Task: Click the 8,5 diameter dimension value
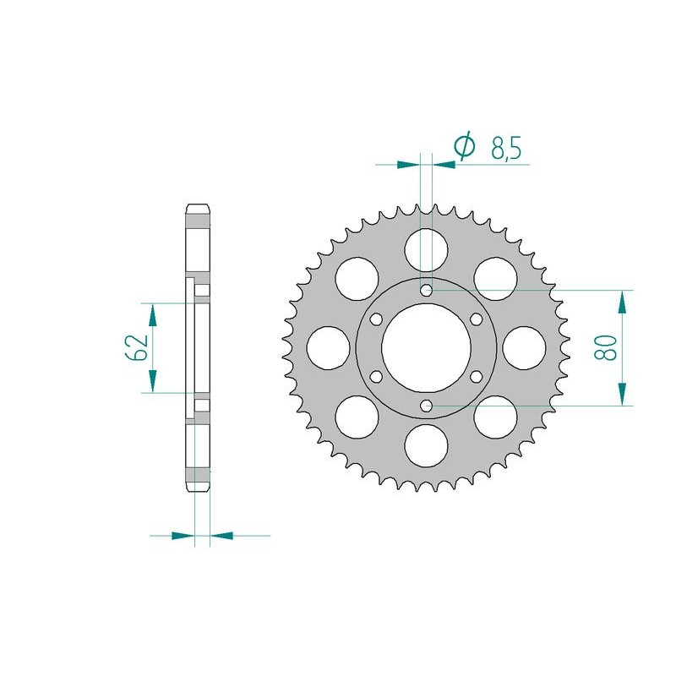pos(505,149)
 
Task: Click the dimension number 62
pos(139,347)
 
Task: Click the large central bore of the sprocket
pos(427,347)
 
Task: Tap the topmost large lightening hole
pos(427,249)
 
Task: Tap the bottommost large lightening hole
pos(427,445)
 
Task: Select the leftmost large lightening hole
pos(329,347)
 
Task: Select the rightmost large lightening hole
pos(525,347)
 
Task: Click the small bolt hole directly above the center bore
pos(427,291)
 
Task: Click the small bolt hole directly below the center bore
pos(427,406)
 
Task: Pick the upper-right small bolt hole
pos(476,319)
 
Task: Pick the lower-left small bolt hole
pos(377,376)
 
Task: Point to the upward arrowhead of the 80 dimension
pos(624,302)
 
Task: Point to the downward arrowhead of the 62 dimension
pos(152,380)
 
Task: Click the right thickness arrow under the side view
pos(221,535)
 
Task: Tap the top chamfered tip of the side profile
pos(197,207)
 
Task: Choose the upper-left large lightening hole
pos(357,278)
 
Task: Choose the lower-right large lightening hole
pos(496,417)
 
